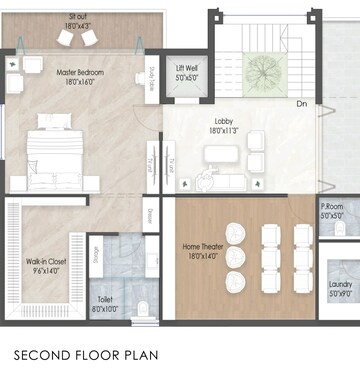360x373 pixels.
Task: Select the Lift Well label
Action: coord(186,68)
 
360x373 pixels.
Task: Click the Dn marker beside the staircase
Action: coord(301,103)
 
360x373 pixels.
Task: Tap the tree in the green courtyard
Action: coord(262,70)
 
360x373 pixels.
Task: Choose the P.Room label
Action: coord(332,208)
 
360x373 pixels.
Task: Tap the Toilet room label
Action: coord(105,299)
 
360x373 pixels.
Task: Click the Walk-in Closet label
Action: coord(46,261)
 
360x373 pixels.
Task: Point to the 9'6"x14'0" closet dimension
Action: coord(46,271)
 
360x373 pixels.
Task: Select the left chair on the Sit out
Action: coord(66,37)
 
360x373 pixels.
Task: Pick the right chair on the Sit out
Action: coord(89,37)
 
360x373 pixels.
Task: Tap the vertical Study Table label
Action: coord(153,77)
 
